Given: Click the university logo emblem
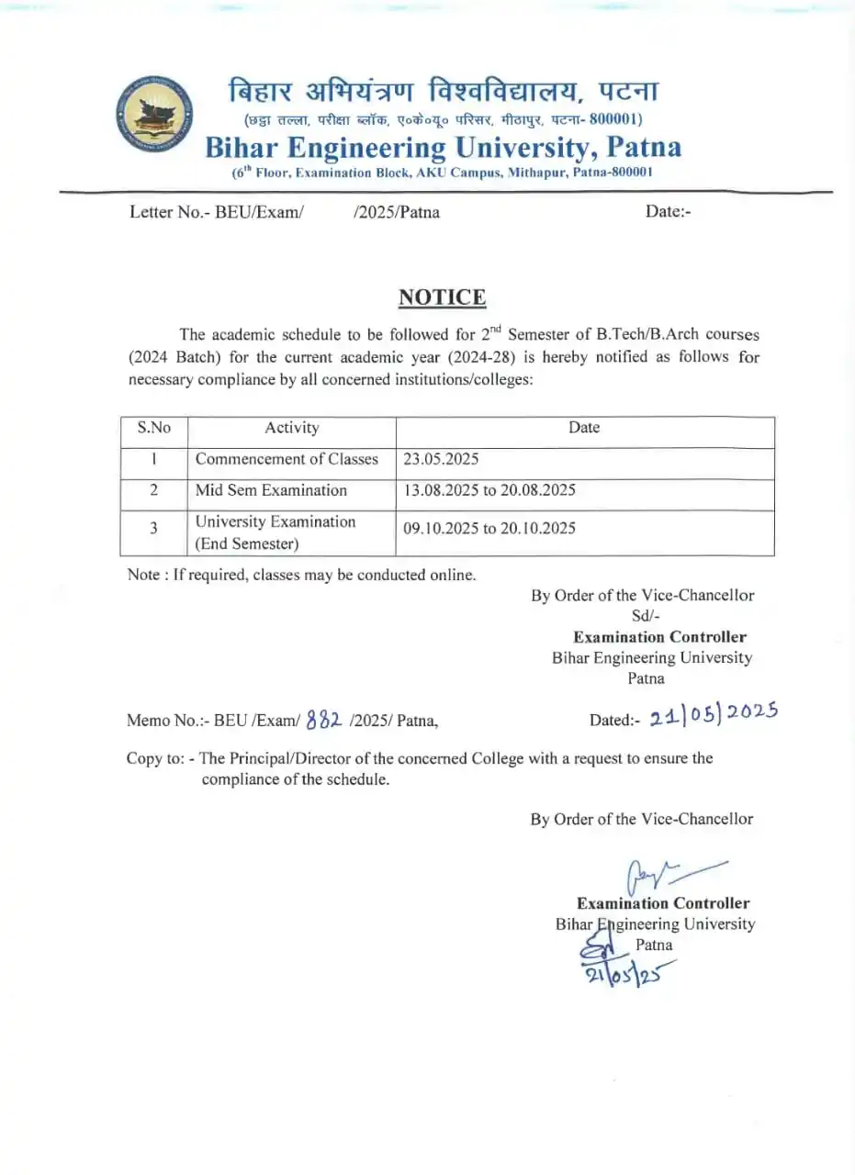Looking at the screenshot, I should (153, 116).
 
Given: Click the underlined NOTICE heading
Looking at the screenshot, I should (442, 297).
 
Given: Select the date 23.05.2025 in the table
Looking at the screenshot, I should (441, 459).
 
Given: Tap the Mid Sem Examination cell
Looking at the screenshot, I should (271, 490).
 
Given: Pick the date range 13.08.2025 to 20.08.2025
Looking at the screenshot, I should (489, 490).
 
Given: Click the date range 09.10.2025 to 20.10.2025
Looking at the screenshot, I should (489, 528).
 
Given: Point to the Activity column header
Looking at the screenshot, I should (291, 428).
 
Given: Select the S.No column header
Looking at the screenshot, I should (153, 428).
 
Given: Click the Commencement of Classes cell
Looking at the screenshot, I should (287, 459).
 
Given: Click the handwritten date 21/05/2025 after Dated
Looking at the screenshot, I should (713, 715).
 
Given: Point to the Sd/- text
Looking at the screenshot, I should (646, 616).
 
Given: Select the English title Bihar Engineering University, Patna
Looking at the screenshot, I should (443, 147).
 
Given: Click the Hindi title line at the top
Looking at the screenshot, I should (443, 92).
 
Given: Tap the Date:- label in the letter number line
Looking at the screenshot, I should (668, 212).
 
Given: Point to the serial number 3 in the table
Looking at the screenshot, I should (153, 528).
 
